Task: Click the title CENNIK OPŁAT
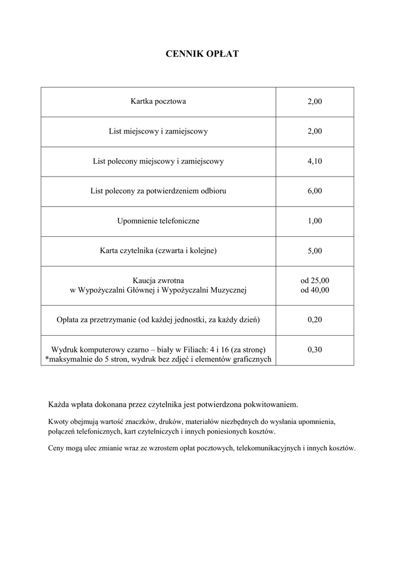[x=202, y=54]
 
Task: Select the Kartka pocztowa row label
[x=158, y=102]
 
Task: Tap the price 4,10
[x=315, y=161]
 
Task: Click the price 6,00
[x=315, y=191]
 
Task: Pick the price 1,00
[x=315, y=221]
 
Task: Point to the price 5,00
[x=315, y=251]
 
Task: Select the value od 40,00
[x=315, y=290]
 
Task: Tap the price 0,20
[x=315, y=320]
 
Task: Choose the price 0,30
[x=315, y=350]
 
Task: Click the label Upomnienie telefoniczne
[x=158, y=221]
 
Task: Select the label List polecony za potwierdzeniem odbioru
[x=158, y=191]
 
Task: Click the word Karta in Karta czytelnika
[x=109, y=251]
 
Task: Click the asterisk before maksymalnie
[x=46, y=359]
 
